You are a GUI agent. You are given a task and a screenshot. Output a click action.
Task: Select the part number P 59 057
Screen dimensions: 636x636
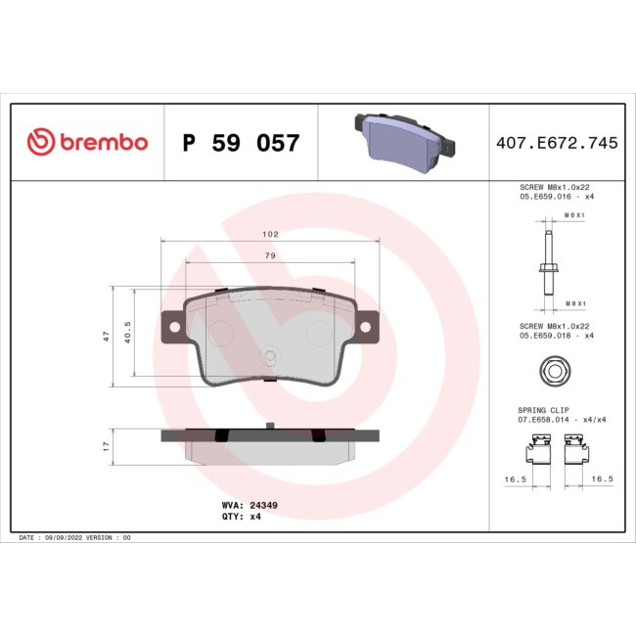click(241, 144)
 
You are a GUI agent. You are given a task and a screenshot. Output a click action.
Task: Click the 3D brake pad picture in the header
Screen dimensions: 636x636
click(402, 139)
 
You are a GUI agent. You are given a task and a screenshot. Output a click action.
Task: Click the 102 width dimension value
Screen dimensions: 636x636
click(271, 235)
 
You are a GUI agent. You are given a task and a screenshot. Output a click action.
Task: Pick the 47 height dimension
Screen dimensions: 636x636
click(106, 336)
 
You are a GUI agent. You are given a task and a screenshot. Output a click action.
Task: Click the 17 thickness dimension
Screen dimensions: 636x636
click(106, 445)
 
